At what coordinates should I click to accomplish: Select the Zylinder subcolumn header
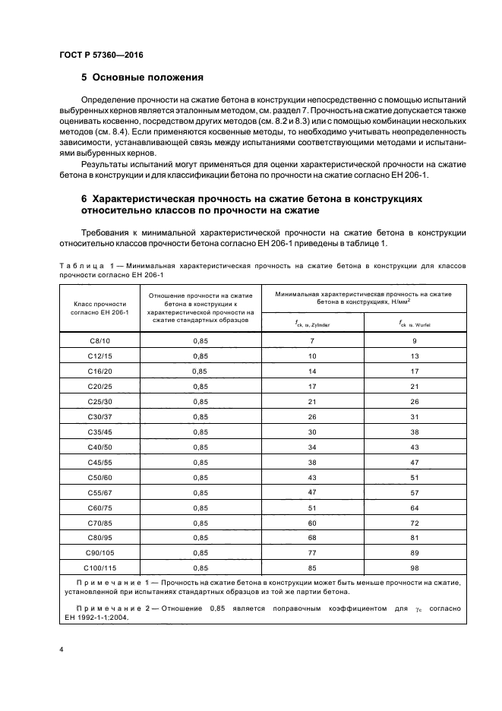[x=312, y=324]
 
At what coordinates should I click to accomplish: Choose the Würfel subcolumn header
[x=415, y=324]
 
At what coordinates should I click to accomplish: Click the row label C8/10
[x=99, y=342]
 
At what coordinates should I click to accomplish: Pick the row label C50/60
[x=99, y=477]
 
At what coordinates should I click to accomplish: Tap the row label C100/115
[x=99, y=567]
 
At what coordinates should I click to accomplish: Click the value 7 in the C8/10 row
[x=312, y=342]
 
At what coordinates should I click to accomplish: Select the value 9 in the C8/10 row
[x=415, y=342]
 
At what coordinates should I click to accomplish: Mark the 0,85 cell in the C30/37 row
[x=200, y=417]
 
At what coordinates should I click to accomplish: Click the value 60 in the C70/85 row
[x=312, y=522]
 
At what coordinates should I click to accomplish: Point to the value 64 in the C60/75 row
[x=415, y=507]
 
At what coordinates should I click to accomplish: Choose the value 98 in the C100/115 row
[x=415, y=567]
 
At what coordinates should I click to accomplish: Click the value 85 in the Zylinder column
[x=312, y=567]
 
